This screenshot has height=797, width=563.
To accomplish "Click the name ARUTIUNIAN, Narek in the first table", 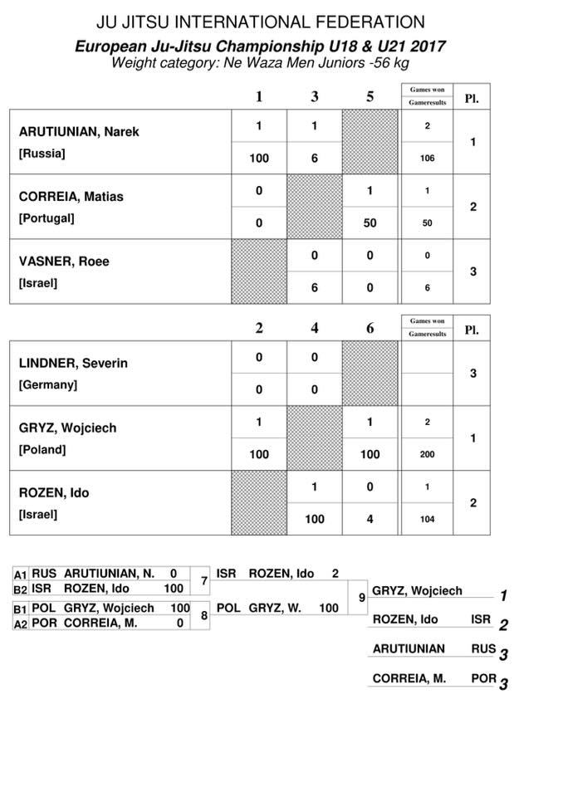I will [x=79, y=132].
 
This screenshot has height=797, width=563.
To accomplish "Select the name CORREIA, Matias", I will [x=71, y=197].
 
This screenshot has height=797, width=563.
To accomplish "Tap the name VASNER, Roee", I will [x=64, y=262].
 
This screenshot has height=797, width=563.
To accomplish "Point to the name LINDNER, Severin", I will [x=73, y=364].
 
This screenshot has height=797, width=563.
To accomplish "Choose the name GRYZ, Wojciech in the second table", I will [x=67, y=428].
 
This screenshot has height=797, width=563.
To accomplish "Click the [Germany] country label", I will [x=47, y=385].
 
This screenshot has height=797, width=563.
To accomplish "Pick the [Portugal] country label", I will [x=47, y=218].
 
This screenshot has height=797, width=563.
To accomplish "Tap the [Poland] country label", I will [x=42, y=450].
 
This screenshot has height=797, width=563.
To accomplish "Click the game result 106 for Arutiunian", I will [x=428, y=158].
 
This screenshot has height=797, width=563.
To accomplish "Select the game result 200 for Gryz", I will [x=428, y=455].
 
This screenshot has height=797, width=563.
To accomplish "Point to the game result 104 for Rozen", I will [x=428, y=520].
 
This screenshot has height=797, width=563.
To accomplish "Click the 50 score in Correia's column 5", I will [x=370, y=223].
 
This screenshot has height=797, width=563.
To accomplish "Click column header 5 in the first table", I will [x=370, y=97].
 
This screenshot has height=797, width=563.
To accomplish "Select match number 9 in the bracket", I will [x=361, y=597].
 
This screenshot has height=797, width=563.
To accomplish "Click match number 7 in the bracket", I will [x=204, y=580].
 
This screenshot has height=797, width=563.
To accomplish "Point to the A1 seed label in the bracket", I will [x=21, y=574].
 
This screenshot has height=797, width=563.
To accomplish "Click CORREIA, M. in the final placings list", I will [x=409, y=678].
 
